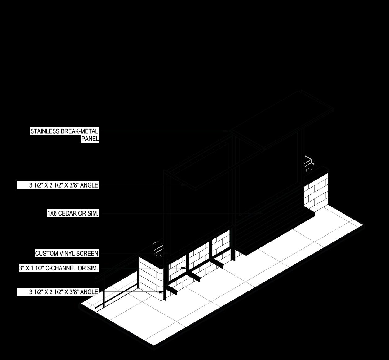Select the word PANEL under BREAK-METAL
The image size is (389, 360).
[x=90, y=139]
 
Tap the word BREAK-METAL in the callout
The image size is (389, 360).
[x=80, y=131]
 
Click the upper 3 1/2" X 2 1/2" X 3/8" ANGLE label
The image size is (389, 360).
[x=64, y=185]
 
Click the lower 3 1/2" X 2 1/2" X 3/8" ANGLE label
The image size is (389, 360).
[x=64, y=292]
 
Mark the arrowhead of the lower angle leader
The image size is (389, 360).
[x=161, y=292]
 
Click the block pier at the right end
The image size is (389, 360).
[x=316, y=192]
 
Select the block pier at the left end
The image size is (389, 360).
[x=151, y=279]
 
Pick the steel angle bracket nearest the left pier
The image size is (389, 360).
[x=172, y=290]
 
